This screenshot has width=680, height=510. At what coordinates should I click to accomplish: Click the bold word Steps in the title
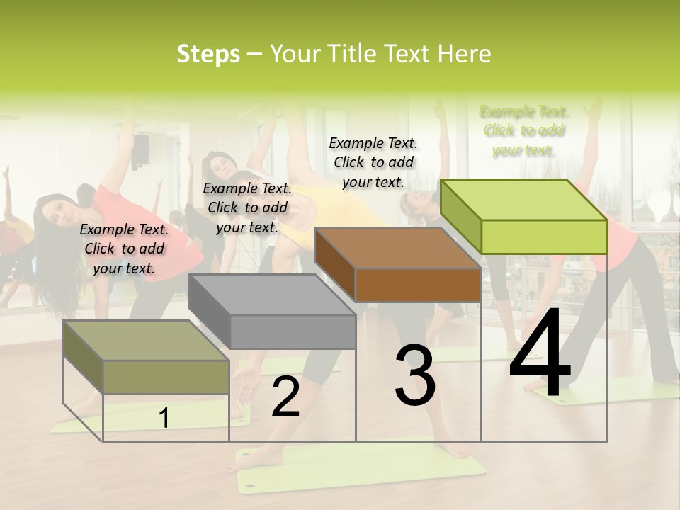click(x=208, y=54)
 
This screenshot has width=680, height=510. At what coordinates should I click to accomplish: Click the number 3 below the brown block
click(x=414, y=376)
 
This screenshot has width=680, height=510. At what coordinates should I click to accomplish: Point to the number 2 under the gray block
click(x=285, y=397)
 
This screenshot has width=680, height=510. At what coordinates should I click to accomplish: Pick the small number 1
click(x=164, y=419)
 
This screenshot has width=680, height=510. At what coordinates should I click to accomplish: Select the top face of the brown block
click(x=397, y=248)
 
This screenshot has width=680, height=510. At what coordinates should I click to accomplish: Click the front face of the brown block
click(x=418, y=285)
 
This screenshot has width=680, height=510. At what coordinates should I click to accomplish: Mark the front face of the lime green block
click(x=544, y=237)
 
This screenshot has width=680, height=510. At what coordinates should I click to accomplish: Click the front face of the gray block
click(x=293, y=331)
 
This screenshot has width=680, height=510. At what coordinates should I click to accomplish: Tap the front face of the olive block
click(x=166, y=377)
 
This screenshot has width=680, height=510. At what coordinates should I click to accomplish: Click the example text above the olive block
click(x=124, y=249)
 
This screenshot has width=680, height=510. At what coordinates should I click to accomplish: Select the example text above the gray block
click(x=247, y=208)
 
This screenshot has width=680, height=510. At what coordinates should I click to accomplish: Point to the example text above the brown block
click(x=373, y=162)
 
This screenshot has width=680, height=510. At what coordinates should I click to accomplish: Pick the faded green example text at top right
click(x=524, y=130)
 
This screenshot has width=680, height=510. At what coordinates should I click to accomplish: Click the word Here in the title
click(x=464, y=54)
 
